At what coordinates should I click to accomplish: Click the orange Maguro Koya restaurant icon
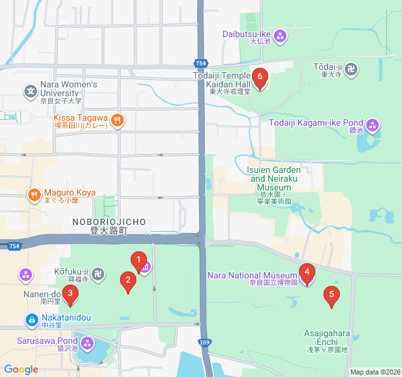point(34,194)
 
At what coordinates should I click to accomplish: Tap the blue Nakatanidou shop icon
point(31,320)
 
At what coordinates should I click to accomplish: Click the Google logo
point(21,370)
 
